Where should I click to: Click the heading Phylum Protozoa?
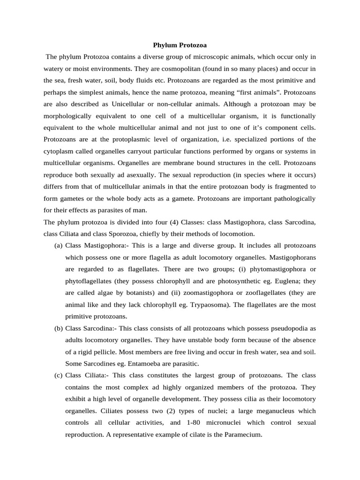[180, 45]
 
